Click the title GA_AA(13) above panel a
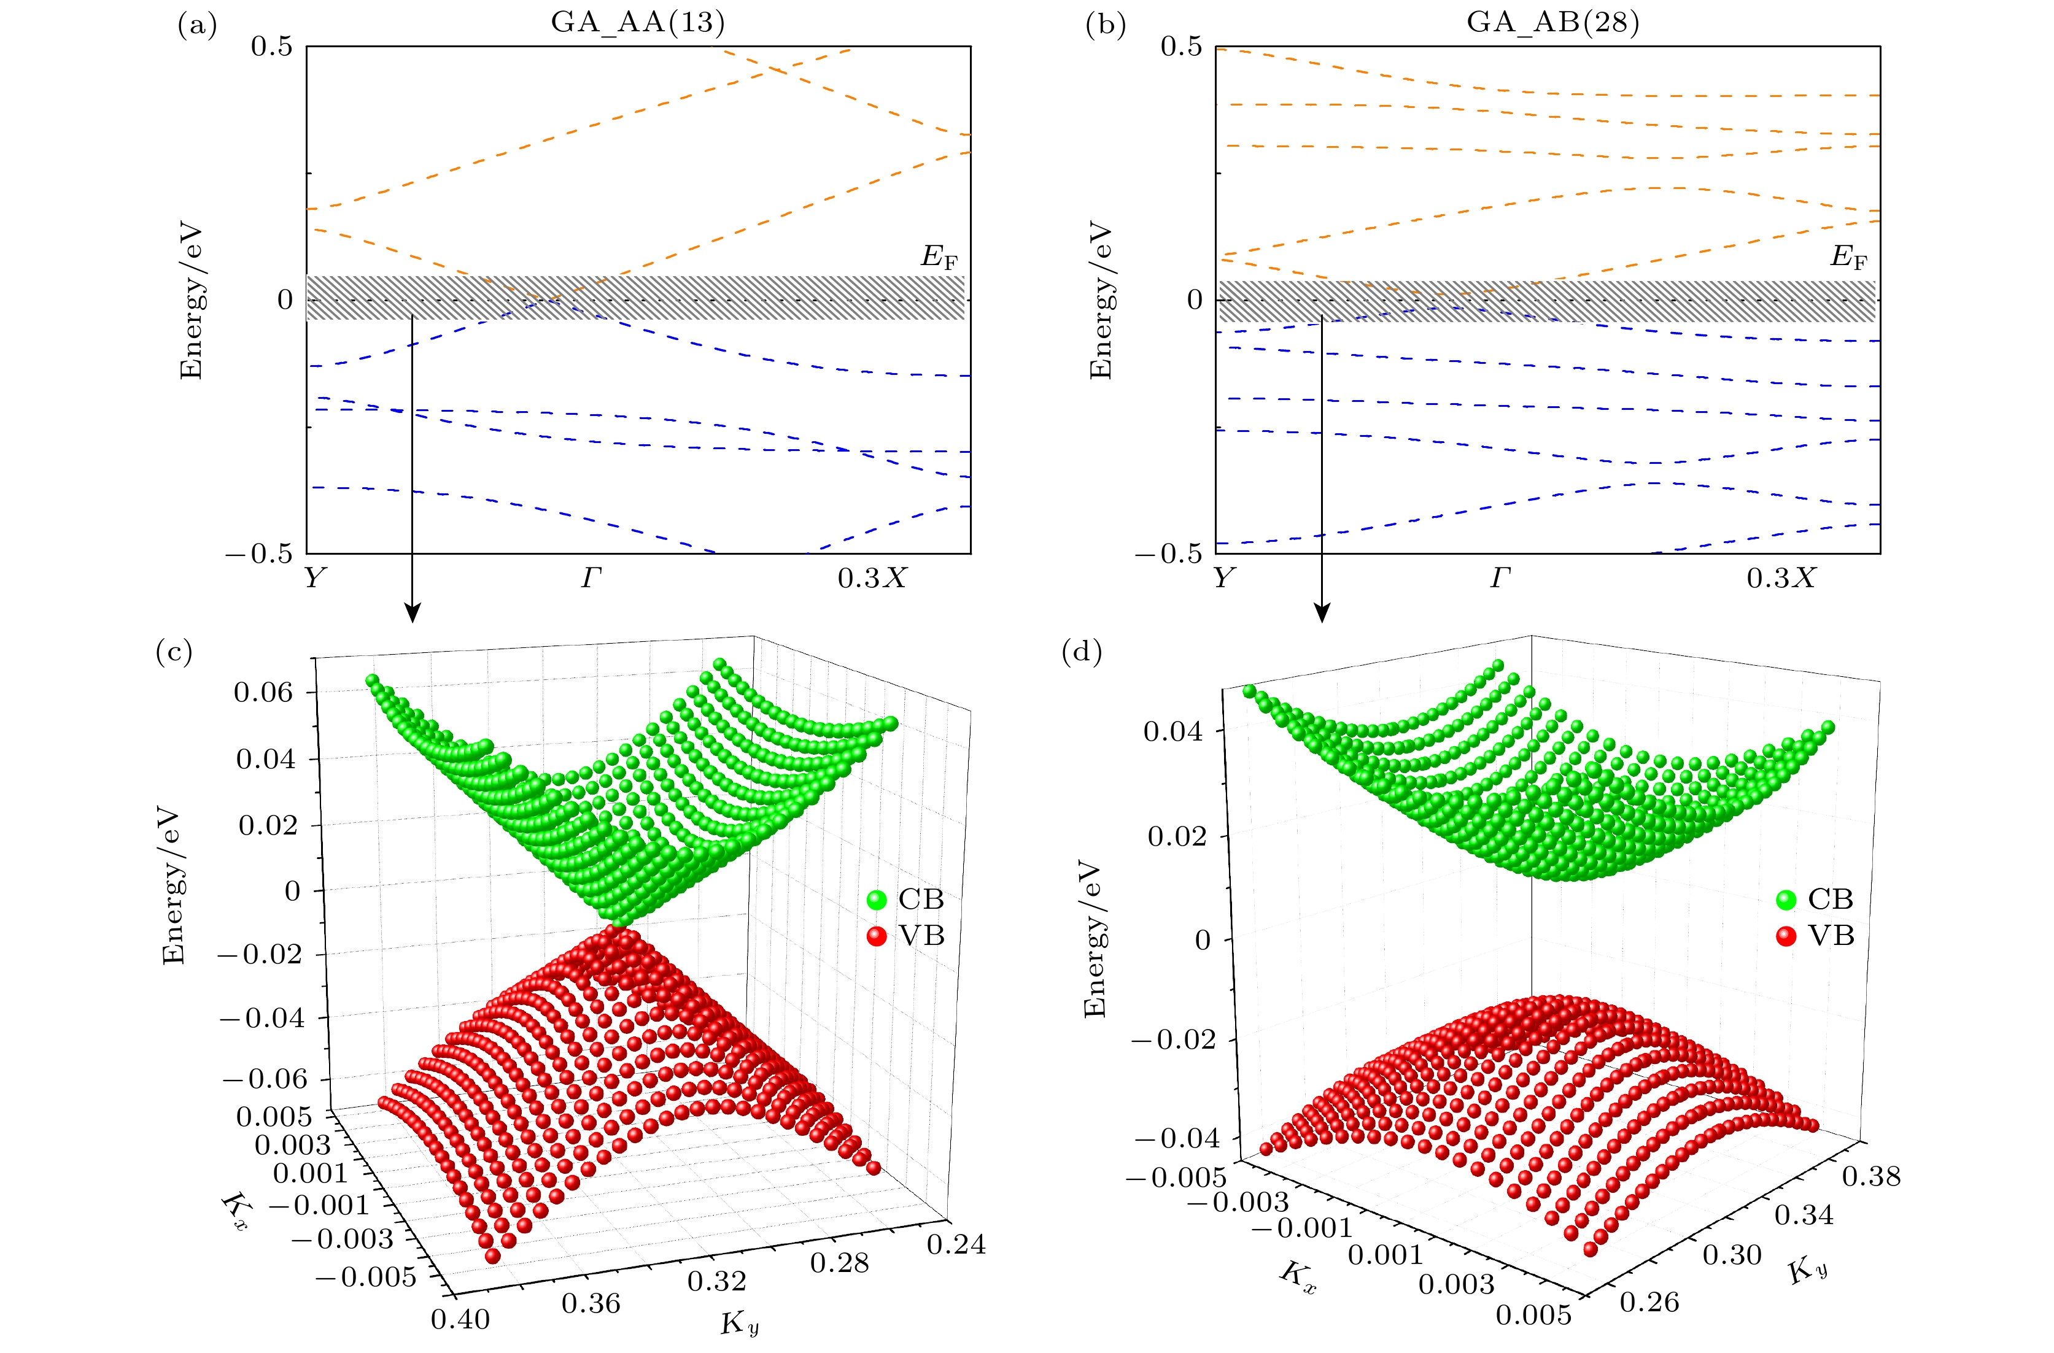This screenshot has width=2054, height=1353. tap(638, 21)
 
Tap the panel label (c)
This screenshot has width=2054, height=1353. tap(174, 652)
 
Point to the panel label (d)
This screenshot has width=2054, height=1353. tap(1082, 652)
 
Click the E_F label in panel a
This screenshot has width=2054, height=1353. tap(940, 257)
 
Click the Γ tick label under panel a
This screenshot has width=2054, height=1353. tap(591, 578)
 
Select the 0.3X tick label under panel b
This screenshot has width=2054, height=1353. tap(1780, 578)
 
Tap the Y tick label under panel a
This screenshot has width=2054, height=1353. tap(314, 578)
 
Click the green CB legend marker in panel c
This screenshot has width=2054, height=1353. tap(877, 900)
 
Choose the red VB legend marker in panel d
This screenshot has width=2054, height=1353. tap(1786, 936)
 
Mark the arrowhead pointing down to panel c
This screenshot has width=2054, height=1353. tap(413, 612)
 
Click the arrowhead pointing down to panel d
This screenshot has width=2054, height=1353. tap(1321, 612)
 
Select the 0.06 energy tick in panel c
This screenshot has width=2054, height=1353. tap(263, 692)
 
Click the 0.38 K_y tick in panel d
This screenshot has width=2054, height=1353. tap(1871, 1176)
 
